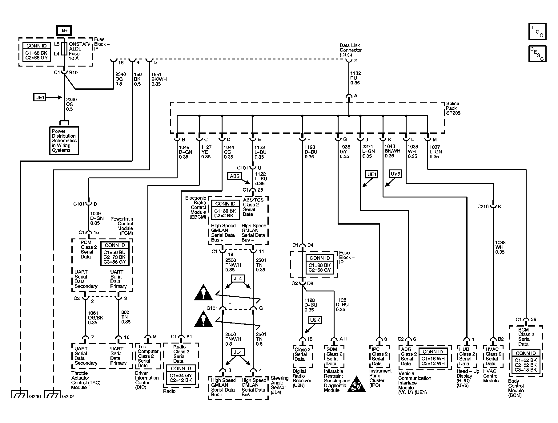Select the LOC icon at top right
537,31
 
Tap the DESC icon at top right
537,54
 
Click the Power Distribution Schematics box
64,141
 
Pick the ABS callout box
235,176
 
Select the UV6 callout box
395,174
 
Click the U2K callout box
315,320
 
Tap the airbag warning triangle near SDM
356,384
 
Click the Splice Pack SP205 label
453,108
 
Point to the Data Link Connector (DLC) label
351,50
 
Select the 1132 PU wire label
355,78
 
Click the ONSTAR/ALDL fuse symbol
64,49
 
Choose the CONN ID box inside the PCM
115,254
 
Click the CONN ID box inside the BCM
526,361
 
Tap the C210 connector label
483,207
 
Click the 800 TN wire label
125,317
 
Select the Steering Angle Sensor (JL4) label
279,385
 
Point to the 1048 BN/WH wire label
392,151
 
